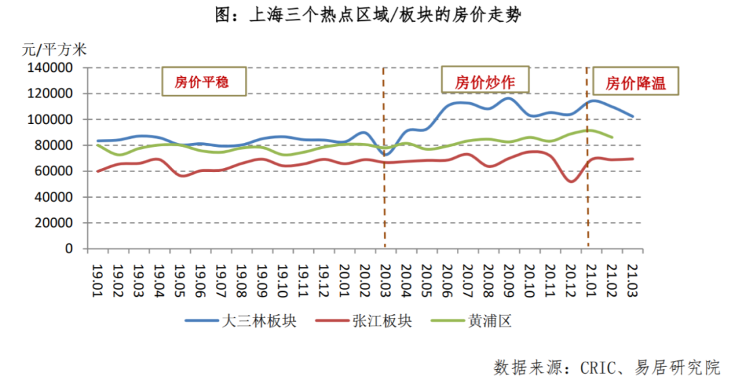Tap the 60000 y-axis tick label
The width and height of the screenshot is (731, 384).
click(x=53, y=171)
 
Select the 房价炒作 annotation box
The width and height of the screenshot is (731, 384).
click(x=484, y=83)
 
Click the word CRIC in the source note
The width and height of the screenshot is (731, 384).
click(x=598, y=368)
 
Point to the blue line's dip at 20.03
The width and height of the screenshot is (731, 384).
click(x=385, y=155)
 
